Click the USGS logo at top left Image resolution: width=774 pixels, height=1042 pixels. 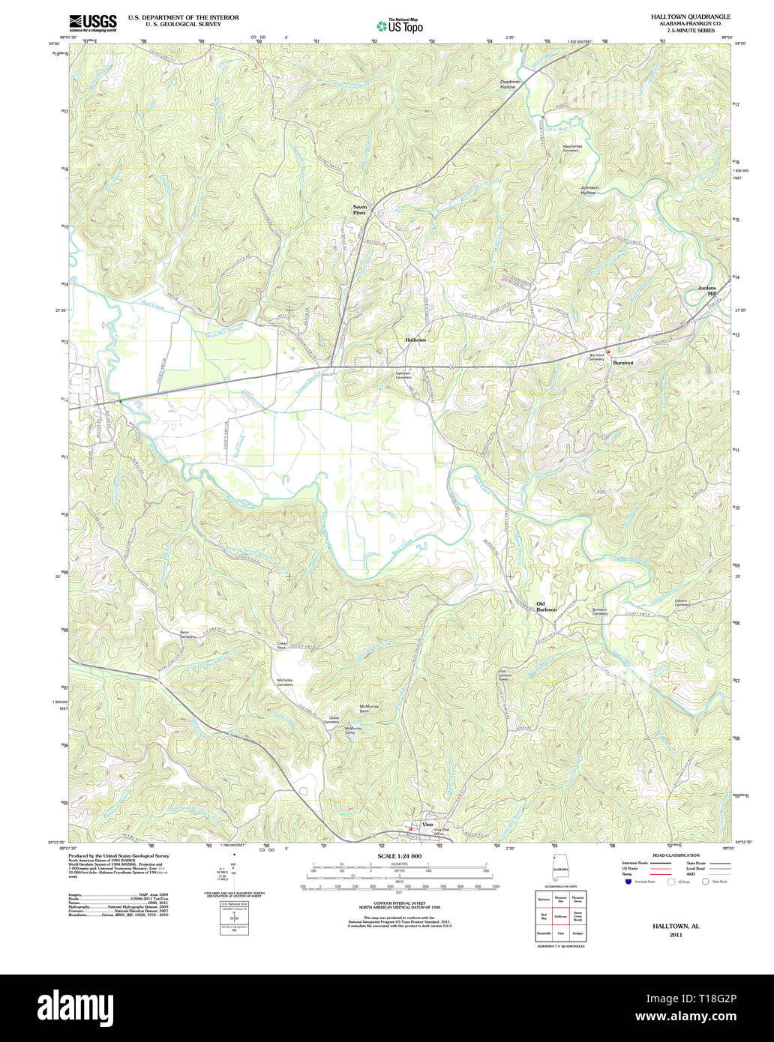(x=92, y=22)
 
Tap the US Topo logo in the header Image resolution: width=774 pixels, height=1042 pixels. (x=399, y=25)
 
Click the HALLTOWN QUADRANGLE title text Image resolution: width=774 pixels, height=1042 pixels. (x=690, y=16)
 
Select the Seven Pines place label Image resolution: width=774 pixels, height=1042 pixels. (x=360, y=210)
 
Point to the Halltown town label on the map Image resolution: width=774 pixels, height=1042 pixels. (x=415, y=340)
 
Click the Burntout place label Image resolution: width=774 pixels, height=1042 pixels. (x=622, y=363)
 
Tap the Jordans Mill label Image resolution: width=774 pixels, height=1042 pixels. (x=707, y=291)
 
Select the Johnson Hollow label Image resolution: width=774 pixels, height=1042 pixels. (x=589, y=190)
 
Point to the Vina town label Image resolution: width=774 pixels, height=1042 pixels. (x=427, y=825)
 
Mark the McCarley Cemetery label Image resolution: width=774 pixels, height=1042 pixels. (x=285, y=682)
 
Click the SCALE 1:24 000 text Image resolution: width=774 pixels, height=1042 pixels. (x=399, y=856)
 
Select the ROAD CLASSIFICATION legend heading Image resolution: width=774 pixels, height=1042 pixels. (x=676, y=855)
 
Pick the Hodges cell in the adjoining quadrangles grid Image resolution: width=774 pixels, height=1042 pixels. (x=577, y=933)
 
